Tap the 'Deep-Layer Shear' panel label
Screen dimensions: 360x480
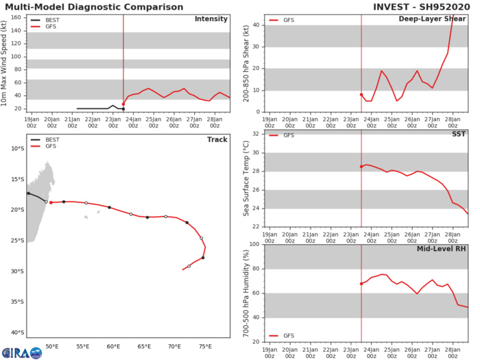click(438, 19)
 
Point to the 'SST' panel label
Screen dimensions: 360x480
click(459, 134)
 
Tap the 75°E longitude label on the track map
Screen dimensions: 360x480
click(205, 347)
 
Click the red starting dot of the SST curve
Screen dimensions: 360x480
click(361, 167)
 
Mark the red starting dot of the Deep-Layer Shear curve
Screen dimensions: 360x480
click(361, 95)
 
